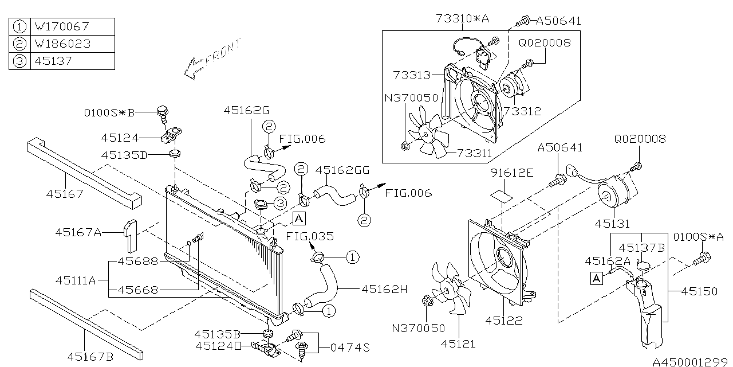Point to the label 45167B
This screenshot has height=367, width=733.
coord(90,357)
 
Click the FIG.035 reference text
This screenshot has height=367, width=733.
coord(310,236)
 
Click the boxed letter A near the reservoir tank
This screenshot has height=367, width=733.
coord(597,279)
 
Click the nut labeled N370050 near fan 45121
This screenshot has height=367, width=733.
coord(427,300)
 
